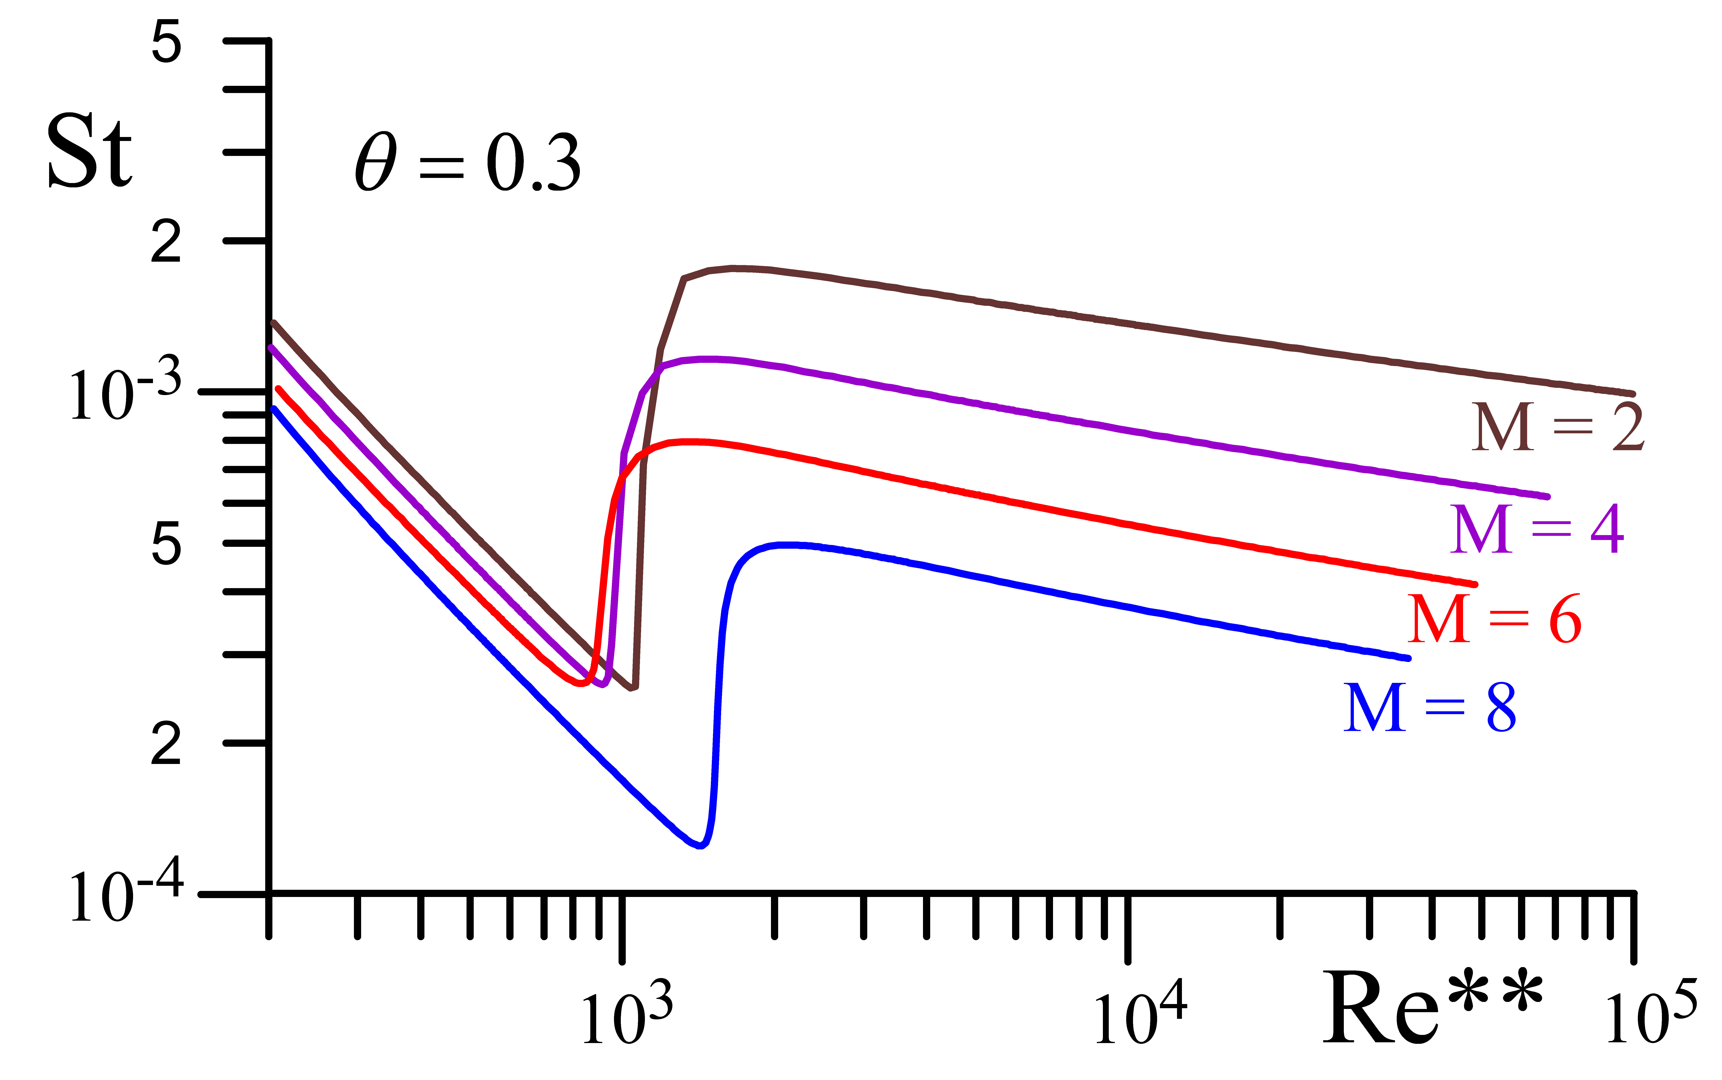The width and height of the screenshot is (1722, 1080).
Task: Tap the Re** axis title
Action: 1433,1009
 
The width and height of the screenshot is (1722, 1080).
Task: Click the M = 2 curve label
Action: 1558,427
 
